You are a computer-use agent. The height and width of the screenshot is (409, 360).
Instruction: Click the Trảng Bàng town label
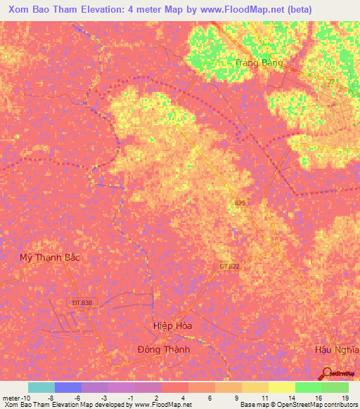pyautogui.click(x=259, y=63)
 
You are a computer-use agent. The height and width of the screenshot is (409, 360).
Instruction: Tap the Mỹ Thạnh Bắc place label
pyautogui.click(x=49, y=257)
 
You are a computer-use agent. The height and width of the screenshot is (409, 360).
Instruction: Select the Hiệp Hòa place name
pyautogui.click(x=172, y=326)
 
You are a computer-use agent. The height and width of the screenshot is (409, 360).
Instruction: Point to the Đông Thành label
pyautogui.click(x=163, y=349)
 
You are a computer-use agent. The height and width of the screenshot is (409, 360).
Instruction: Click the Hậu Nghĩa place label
pyautogui.click(x=333, y=349)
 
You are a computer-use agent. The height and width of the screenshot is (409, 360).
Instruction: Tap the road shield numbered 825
pyautogui.click(x=240, y=203)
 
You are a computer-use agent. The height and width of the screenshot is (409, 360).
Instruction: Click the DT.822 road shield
pyautogui.click(x=223, y=266)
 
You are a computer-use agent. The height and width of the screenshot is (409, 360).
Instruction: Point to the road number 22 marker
pyautogui.click(x=330, y=82)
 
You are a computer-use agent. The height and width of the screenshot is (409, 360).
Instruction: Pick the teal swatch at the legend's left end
pyautogui.click(x=41, y=387)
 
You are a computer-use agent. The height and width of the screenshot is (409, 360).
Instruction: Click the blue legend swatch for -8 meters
pyautogui.click(x=67, y=387)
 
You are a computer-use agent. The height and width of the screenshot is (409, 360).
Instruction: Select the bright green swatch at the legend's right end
pyautogui.click(x=335, y=387)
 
